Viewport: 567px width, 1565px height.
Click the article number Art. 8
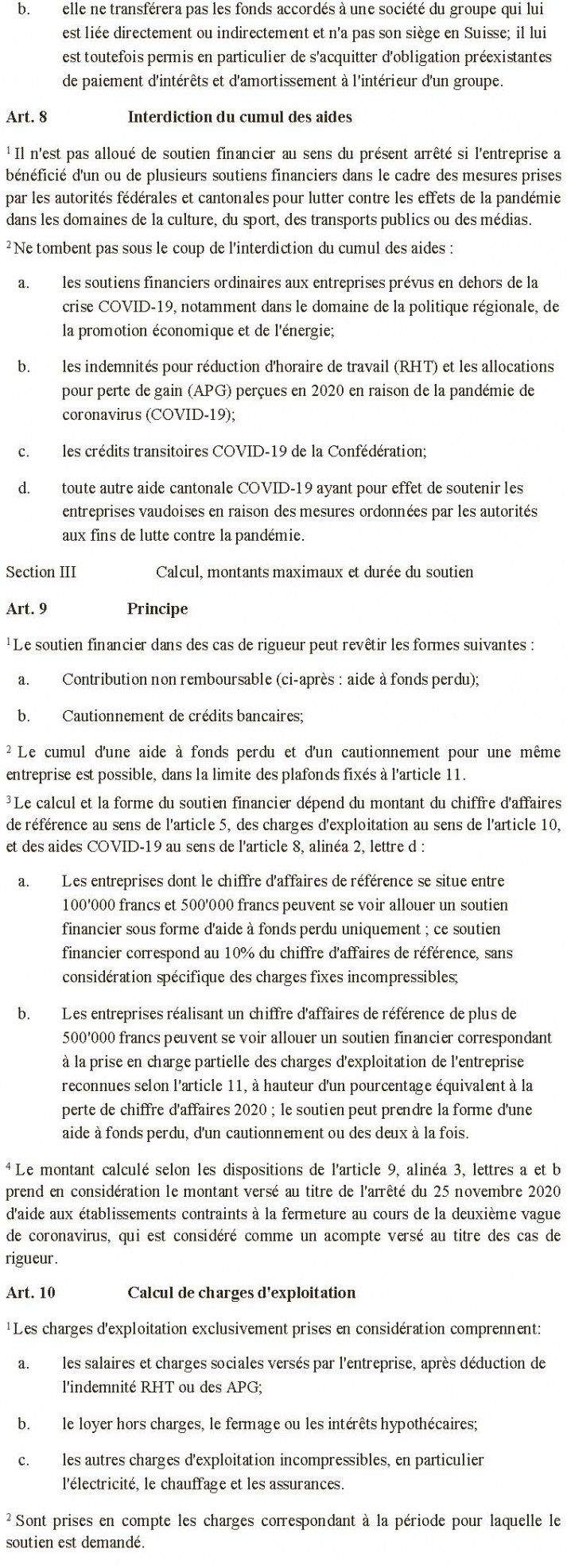(26, 117)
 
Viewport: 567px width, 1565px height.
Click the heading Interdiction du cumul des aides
(239, 117)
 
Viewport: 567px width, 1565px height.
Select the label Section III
(41, 572)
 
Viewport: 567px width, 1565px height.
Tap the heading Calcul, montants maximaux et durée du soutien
(314, 572)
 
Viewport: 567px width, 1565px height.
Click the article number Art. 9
(26, 609)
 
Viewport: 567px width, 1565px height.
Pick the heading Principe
(157, 609)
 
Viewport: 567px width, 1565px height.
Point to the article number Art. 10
(30, 1292)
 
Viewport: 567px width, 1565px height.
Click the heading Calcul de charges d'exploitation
(241, 1292)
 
